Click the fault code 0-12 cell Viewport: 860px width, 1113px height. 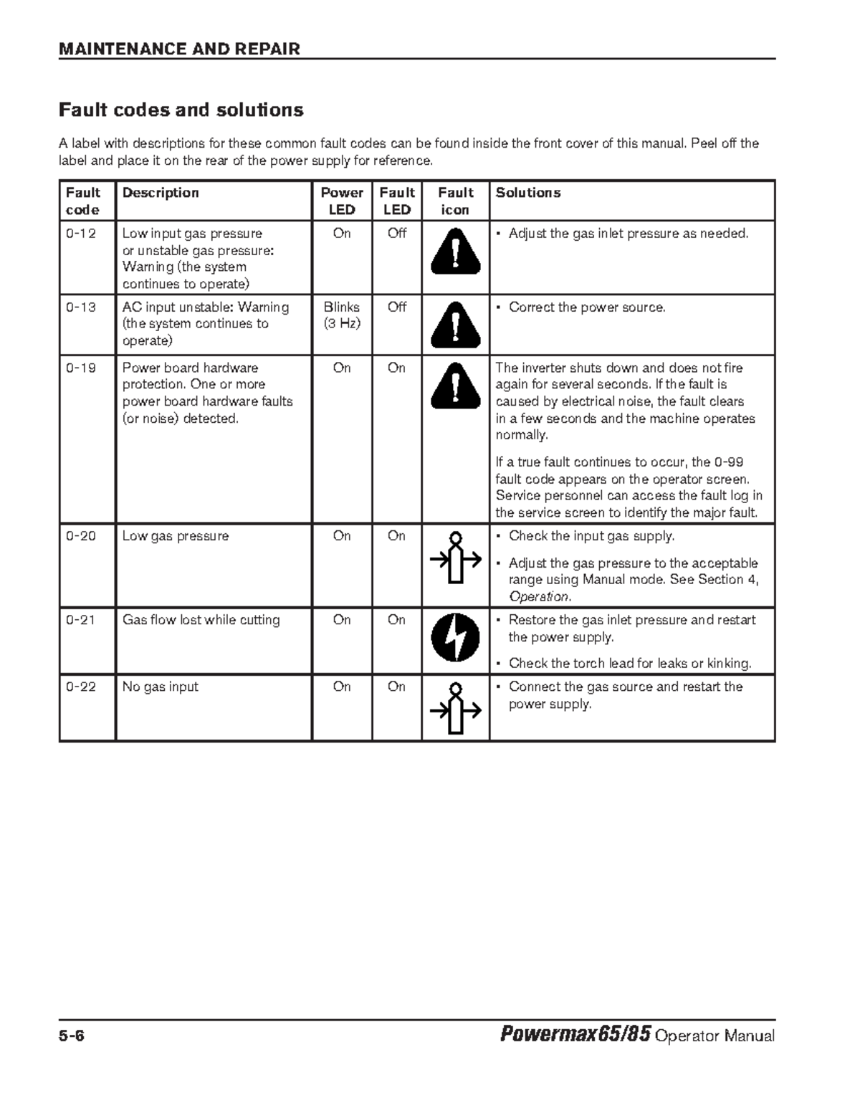[x=81, y=234]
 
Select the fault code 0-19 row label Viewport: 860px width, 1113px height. [x=81, y=368]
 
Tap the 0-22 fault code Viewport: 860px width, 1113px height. [x=81, y=687]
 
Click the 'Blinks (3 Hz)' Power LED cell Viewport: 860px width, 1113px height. [x=342, y=315]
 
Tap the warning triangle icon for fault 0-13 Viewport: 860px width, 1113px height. [x=455, y=325]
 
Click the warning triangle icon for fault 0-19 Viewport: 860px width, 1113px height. [x=455, y=386]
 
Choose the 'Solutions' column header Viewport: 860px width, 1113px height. [x=528, y=193]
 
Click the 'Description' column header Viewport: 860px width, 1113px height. [x=161, y=193]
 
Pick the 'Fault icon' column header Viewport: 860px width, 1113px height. [x=455, y=201]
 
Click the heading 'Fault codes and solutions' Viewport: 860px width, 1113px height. [x=181, y=110]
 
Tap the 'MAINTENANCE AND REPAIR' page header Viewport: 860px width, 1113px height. [x=179, y=49]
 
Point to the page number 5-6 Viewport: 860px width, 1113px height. [x=72, y=1036]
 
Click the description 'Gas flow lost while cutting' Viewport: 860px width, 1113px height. [x=201, y=620]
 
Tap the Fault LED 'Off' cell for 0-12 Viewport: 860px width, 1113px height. [x=396, y=234]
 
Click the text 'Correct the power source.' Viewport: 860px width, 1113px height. [x=587, y=307]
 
